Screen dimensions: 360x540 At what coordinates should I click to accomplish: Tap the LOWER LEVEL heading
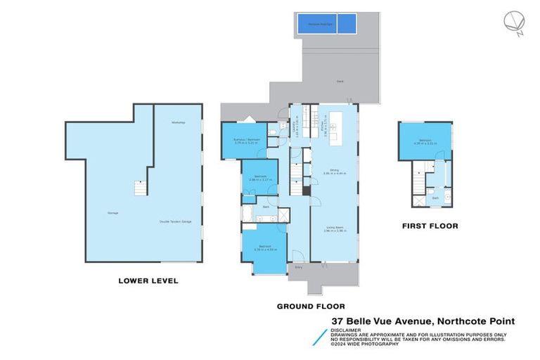tap(148, 281)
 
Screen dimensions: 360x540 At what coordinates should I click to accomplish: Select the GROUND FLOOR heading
tap(310, 306)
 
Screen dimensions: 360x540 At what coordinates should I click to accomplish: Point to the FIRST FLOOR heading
tap(430, 226)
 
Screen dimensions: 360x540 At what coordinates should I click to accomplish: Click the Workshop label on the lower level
tap(177, 123)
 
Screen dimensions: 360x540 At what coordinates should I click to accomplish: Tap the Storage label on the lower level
tap(112, 212)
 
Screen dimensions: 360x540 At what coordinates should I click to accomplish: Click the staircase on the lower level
tap(140, 188)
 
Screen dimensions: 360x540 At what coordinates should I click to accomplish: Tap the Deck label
tap(340, 82)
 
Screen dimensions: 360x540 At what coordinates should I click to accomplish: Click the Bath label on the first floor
tap(435, 198)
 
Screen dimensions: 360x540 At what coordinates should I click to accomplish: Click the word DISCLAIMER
tap(347, 329)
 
